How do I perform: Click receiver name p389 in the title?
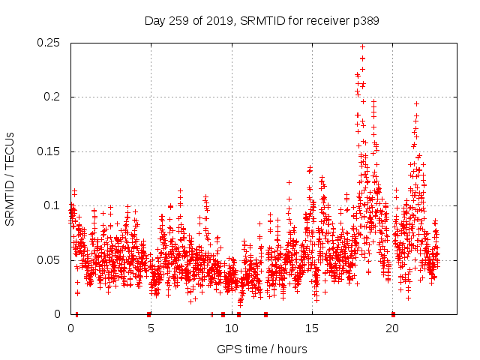point(364,21)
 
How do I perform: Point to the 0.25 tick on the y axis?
point(50,43)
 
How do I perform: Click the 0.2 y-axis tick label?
point(54,97)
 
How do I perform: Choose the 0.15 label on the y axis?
point(50,151)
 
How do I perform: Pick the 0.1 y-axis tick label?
point(54,205)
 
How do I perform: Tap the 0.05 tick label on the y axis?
point(50,259)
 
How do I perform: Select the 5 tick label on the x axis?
point(151,328)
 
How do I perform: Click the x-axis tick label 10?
point(231,328)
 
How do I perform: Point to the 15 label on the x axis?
point(311,328)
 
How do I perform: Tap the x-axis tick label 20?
point(391,328)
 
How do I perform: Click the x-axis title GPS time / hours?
point(262,349)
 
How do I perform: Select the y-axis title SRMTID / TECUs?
point(10,178)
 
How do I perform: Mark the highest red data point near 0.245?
point(362,46)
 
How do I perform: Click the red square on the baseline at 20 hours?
point(393,314)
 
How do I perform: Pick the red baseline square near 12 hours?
point(265,314)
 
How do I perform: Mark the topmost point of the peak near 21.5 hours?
point(416,104)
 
